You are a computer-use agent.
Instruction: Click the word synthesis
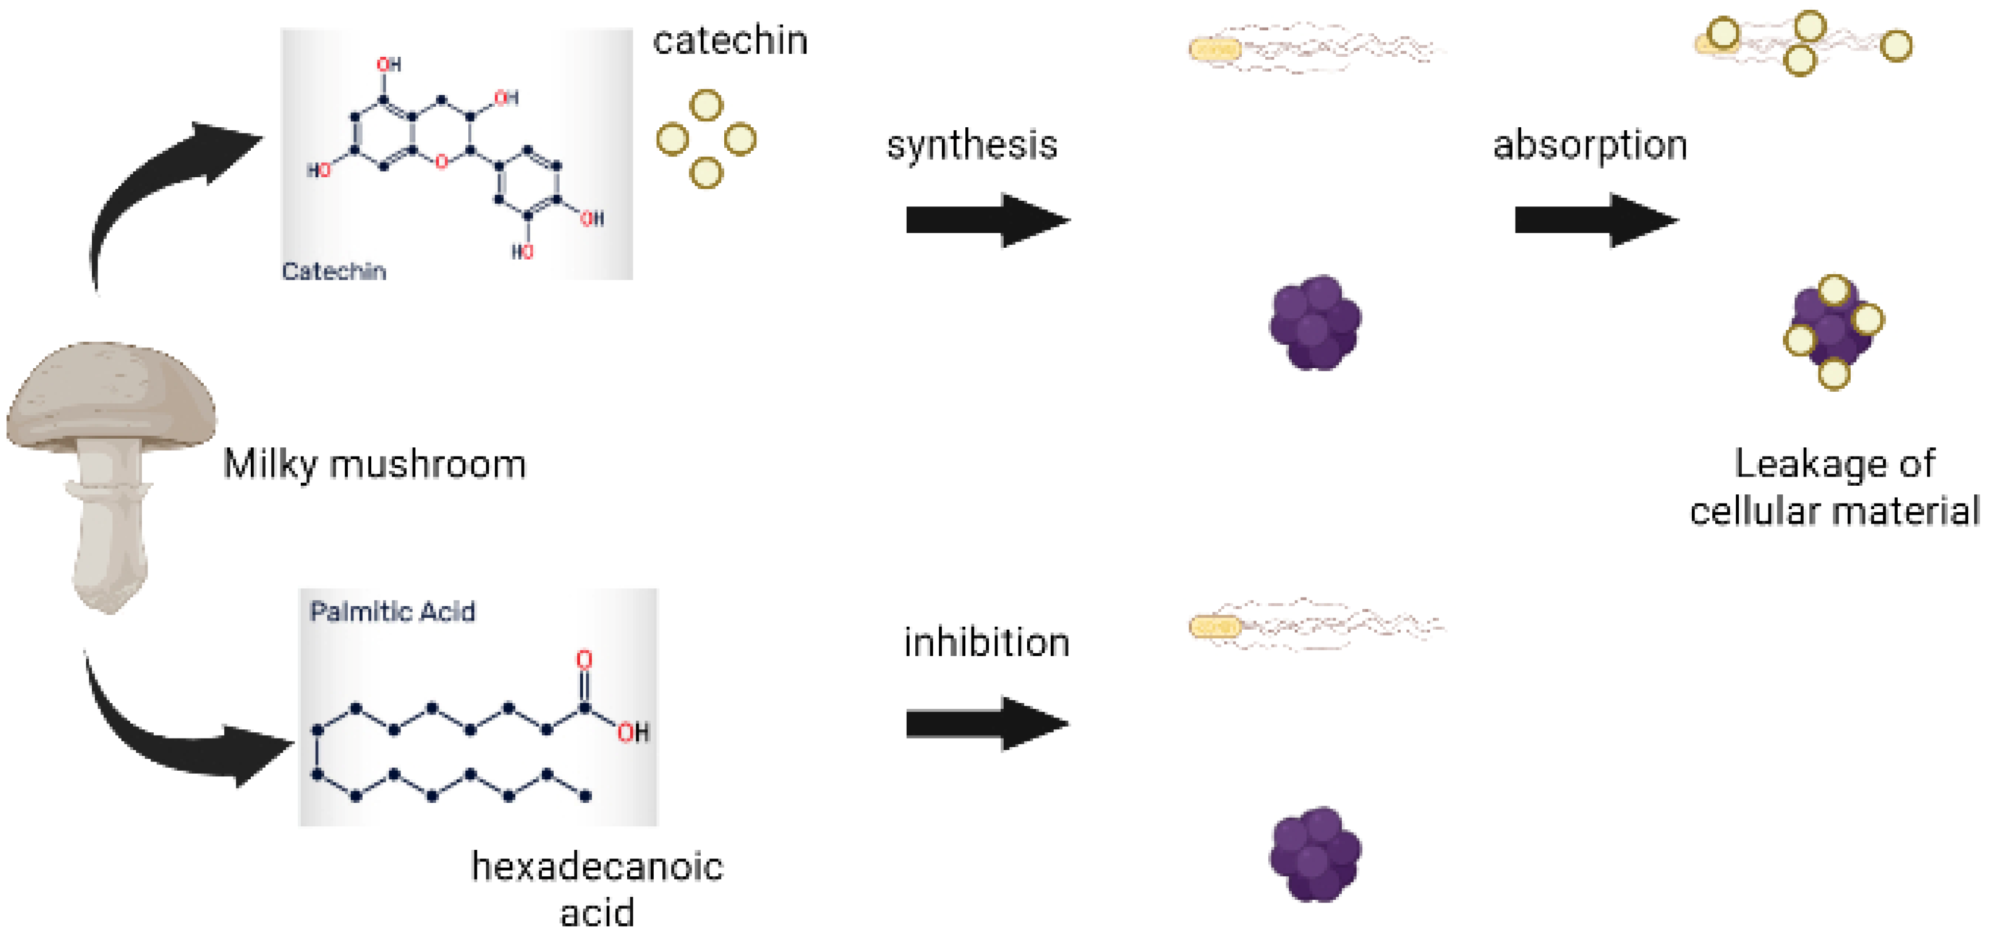click(x=972, y=145)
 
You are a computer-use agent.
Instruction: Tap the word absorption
click(x=1590, y=145)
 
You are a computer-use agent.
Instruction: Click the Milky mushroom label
click(x=375, y=464)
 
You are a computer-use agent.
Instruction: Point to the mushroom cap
click(x=112, y=393)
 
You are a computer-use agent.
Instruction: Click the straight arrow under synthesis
click(x=987, y=220)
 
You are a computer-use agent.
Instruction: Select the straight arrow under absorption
click(x=1595, y=220)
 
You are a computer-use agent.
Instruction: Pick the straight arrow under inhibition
click(x=987, y=723)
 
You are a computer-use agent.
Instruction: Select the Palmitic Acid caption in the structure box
click(x=393, y=612)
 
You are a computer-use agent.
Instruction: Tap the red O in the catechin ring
click(x=441, y=161)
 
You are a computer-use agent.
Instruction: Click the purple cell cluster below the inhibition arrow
click(x=1315, y=854)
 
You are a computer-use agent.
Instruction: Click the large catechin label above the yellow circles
click(x=729, y=40)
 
